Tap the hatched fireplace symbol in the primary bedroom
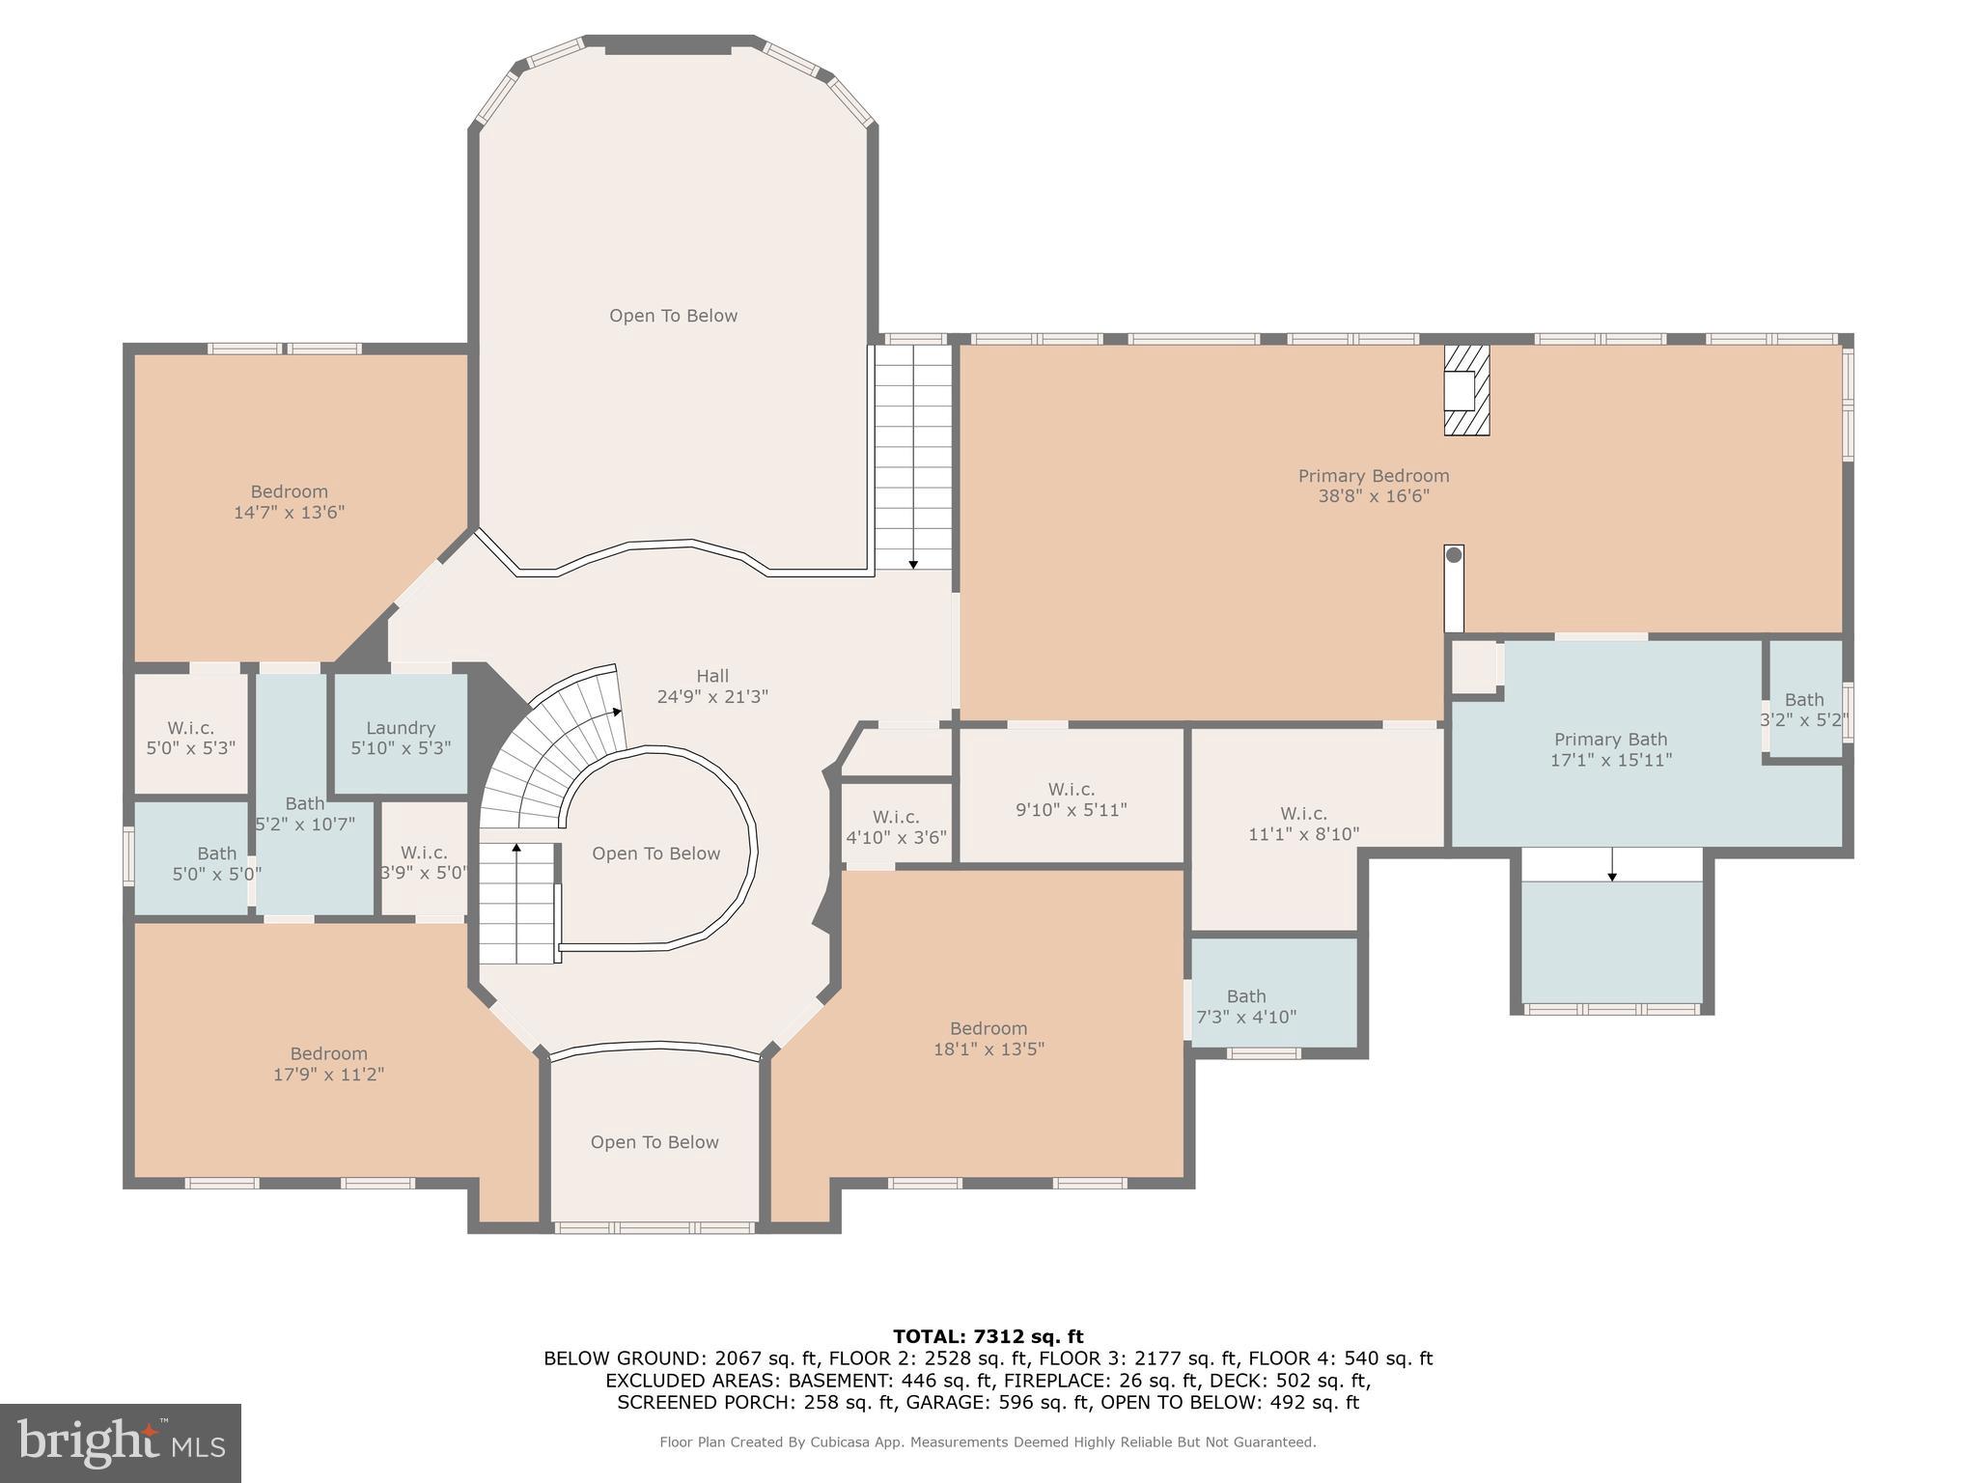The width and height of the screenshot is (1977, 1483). pyautogui.click(x=1466, y=391)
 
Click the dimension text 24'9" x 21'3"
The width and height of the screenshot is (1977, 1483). pyautogui.click(x=712, y=697)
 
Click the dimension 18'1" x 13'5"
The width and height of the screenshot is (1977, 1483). pyautogui.click(x=988, y=1049)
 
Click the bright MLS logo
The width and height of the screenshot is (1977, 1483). pyautogui.click(x=121, y=1443)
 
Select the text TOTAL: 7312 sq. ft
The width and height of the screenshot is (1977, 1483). pyautogui.click(x=988, y=1336)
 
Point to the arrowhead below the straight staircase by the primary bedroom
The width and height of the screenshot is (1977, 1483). pyautogui.click(x=913, y=564)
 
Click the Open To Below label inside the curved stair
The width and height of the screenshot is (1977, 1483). pyautogui.click(x=656, y=853)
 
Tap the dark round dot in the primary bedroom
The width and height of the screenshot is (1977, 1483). pyautogui.click(x=1454, y=555)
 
